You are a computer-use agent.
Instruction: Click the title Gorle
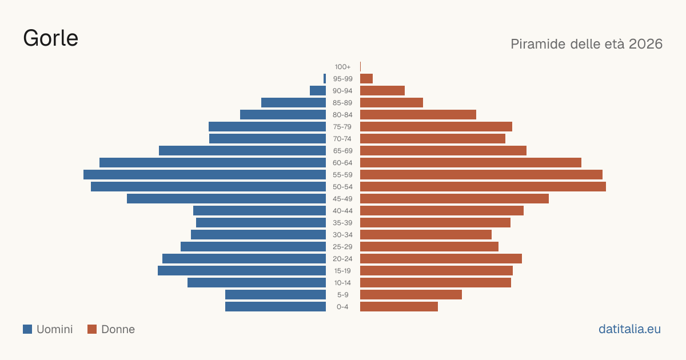click(x=50, y=38)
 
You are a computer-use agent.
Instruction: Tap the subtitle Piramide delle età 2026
click(x=587, y=44)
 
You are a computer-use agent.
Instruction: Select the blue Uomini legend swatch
click(x=27, y=329)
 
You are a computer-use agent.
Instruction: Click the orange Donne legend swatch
click(x=92, y=329)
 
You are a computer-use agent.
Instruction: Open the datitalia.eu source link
click(x=629, y=329)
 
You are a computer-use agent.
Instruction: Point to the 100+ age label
click(x=342, y=67)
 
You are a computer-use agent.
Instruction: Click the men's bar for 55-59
click(x=205, y=174)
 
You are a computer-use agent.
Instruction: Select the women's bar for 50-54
click(x=483, y=187)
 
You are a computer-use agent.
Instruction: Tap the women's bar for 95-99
click(x=366, y=79)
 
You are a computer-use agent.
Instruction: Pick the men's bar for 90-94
click(x=318, y=91)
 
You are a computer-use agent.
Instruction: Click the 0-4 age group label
click(x=342, y=307)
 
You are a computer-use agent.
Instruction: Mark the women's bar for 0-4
click(x=399, y=307)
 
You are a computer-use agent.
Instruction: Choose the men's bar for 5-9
click(x=276, y=294)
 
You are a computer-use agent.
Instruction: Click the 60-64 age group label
click(x=342, y=163)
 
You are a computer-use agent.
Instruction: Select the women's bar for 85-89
click(x=392, y=102)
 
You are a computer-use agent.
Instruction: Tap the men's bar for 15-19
click(x=242, y=271)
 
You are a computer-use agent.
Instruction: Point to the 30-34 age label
click(x=342, y=235)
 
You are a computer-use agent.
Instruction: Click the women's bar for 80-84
click(x=418, y=115)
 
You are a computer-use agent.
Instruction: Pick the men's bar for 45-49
click(x=226, y=199)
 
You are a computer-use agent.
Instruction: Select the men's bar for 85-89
click(x=293, y=102)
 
